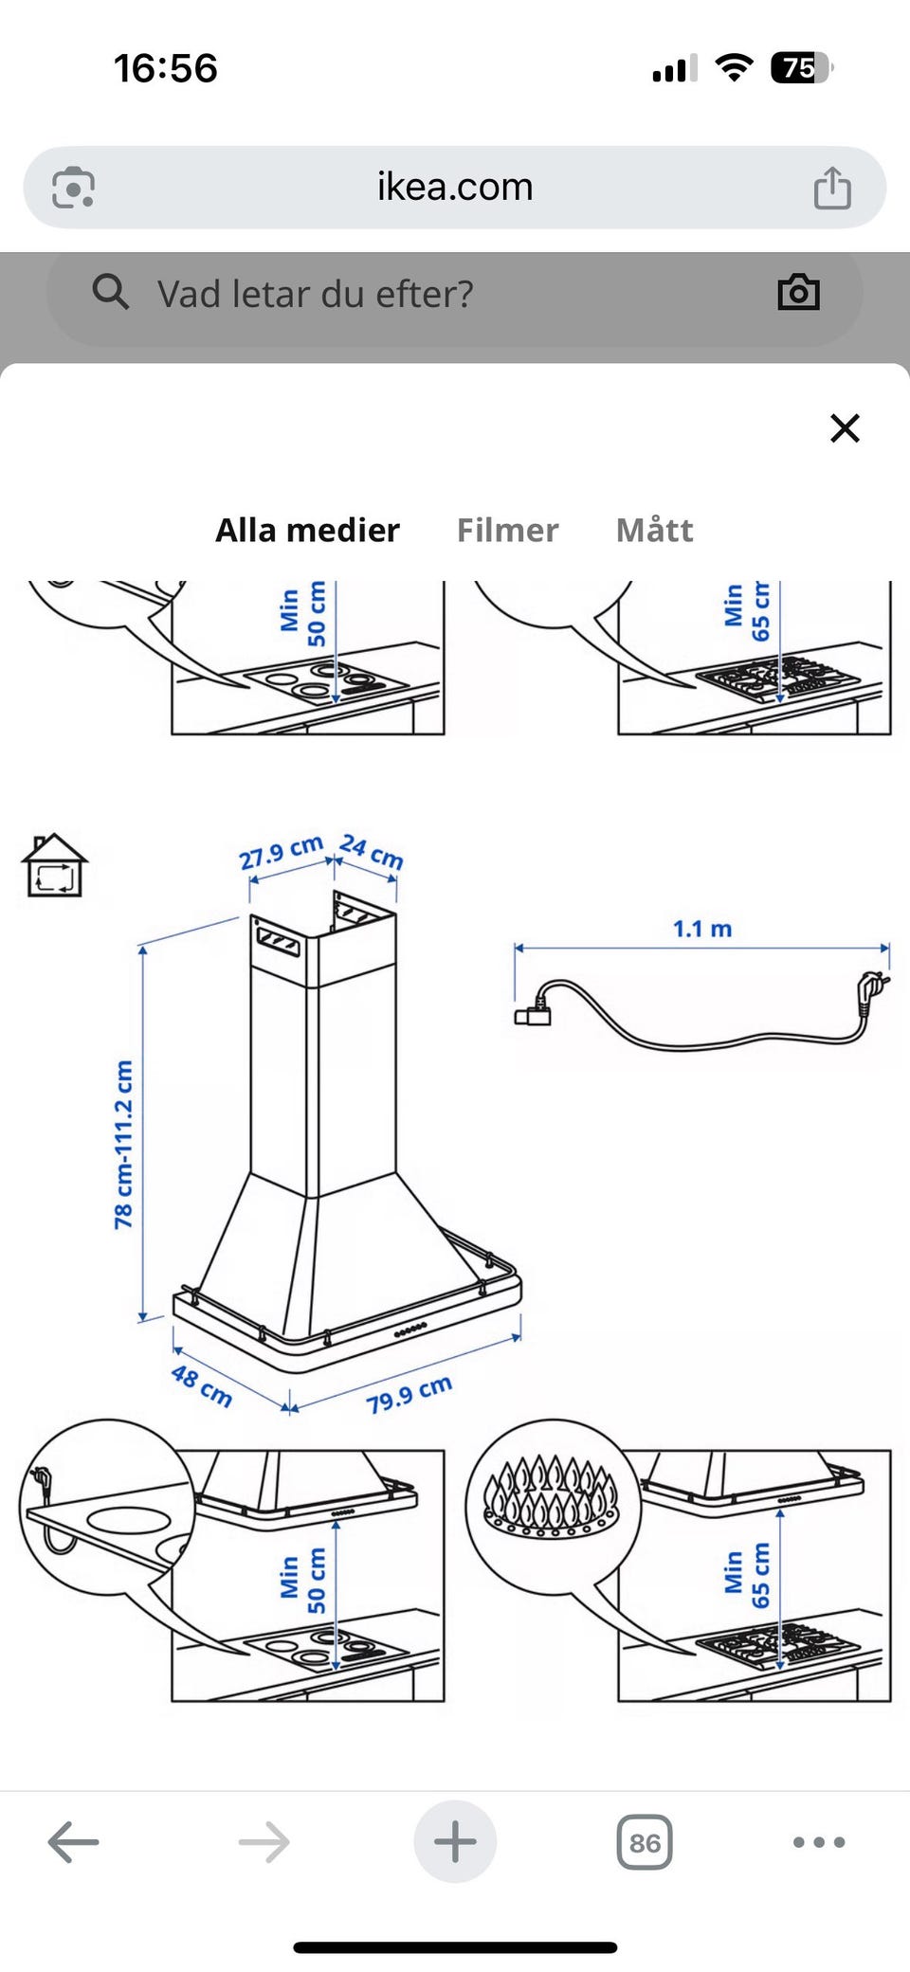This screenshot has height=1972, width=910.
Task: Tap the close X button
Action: pos(845,428)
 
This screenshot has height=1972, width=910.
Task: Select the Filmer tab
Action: pos(507,530)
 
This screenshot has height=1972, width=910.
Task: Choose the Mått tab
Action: pos(654,530)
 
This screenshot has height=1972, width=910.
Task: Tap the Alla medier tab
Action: pos(307,530)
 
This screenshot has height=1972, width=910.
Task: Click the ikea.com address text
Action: pos(455,187)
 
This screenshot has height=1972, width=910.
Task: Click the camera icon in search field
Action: pos(798,293)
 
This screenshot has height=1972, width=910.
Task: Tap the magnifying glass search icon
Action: pos(110,292)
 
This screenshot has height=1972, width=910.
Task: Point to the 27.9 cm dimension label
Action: pos(281,852)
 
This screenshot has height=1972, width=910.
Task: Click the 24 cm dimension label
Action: pos(372,850)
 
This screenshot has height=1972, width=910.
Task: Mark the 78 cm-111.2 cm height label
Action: pos(123,1145)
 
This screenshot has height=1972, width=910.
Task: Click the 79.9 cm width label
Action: pos(409,1394)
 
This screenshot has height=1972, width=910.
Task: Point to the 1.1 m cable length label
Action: pos(702,929)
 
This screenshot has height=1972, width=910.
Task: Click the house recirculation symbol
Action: pos(54,865)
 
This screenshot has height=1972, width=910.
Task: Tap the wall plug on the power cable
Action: pos(873,990)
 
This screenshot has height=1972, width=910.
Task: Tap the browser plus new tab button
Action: pos(455,1841)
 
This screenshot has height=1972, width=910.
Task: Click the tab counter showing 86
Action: pos(645,1842)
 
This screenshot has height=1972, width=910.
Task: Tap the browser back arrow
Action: pos(73,1842)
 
